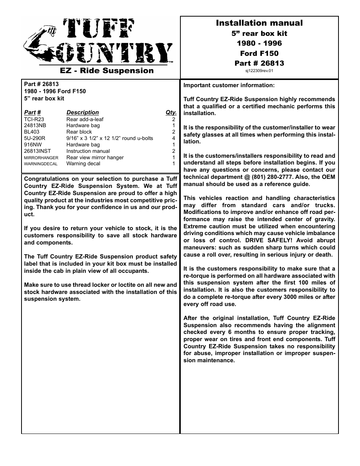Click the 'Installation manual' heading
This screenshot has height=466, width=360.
(x=259, y=23)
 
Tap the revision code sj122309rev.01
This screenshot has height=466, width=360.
(x=259, y=71)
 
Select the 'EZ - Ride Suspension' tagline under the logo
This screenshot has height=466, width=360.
(x=107, y=71)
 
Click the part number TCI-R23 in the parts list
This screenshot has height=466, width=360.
(x=34, y=119)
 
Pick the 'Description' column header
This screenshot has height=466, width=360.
(x=82, y=112)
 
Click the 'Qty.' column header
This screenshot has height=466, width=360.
(x=171, y=112)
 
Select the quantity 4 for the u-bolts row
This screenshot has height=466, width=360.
(x=174, y=138)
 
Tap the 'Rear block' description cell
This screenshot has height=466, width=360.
(x=79, y=132)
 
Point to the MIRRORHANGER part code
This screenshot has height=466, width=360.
(x=41, y=158)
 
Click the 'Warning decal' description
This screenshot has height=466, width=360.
(x=83, y=164)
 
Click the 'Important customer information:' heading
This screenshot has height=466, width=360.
(x=229, y=85)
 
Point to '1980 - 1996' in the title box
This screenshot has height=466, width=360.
(x=259, y=43)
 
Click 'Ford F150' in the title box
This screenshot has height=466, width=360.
(x=259, y=53)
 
